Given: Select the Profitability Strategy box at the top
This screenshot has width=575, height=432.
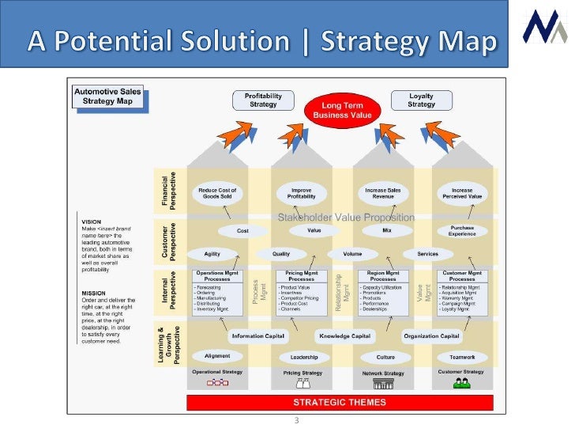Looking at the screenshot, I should click(263, 100).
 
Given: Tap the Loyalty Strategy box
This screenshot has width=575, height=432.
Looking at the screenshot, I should click(421, 100).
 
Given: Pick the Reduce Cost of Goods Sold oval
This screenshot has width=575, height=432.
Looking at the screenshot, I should click(218, 194).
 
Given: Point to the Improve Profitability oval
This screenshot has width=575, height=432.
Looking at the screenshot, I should click(301, 194).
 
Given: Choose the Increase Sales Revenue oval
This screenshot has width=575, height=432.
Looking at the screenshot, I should click(383, 194).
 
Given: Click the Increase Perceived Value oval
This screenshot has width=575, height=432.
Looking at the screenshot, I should click(462, 194).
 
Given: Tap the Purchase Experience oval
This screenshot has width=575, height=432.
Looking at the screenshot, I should click(462, 231).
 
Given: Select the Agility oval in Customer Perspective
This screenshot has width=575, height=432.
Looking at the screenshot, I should click(212, 254).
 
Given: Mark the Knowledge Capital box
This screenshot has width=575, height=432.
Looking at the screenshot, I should click(345, 336).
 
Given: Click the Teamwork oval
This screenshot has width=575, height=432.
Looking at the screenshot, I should click(462, 356).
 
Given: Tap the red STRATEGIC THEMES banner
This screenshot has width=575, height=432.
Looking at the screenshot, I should click(340, 402).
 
